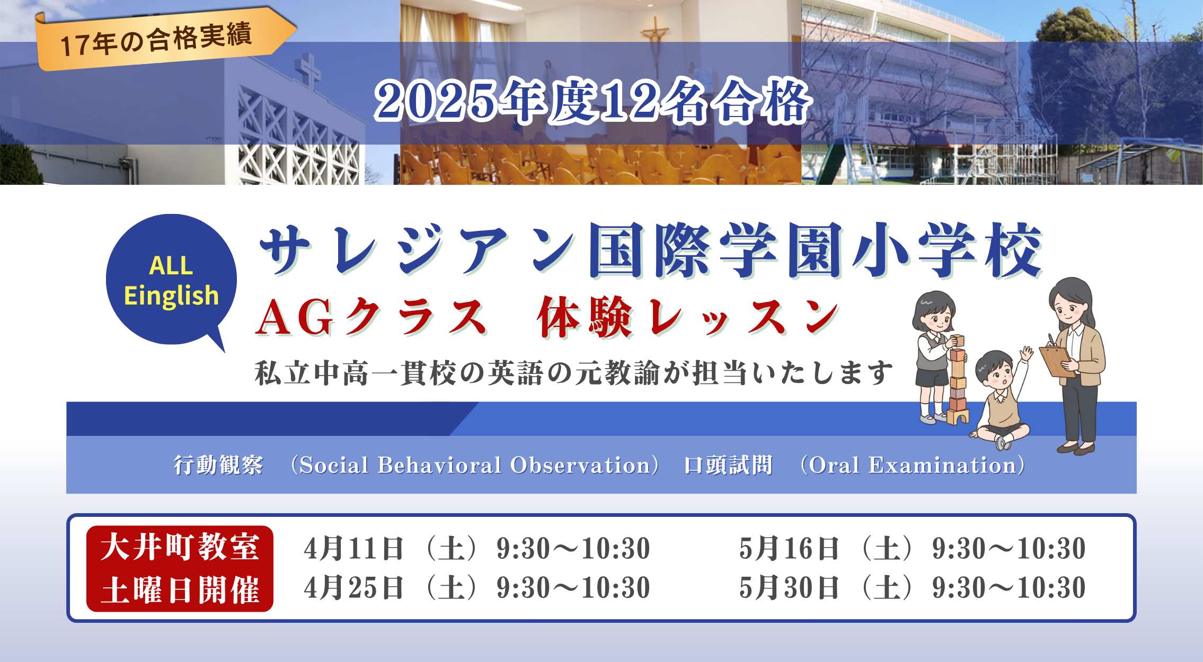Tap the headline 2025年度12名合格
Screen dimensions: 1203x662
[592, 101]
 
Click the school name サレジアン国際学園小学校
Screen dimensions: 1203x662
[651, 250]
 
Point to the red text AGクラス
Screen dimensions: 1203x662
[371, 317]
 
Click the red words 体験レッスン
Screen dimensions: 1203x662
[688, 317]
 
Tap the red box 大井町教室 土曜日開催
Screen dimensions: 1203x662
[180, 568]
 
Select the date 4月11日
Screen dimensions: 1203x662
[354, 548]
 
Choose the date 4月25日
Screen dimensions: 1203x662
[354, 588]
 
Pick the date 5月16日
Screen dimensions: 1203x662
[789, 548]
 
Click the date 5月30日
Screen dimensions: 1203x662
[789, 588]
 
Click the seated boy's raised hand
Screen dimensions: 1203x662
[1027, 353]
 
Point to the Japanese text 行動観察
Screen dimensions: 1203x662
[218, 465]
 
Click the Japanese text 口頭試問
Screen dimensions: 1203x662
[728, 465]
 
